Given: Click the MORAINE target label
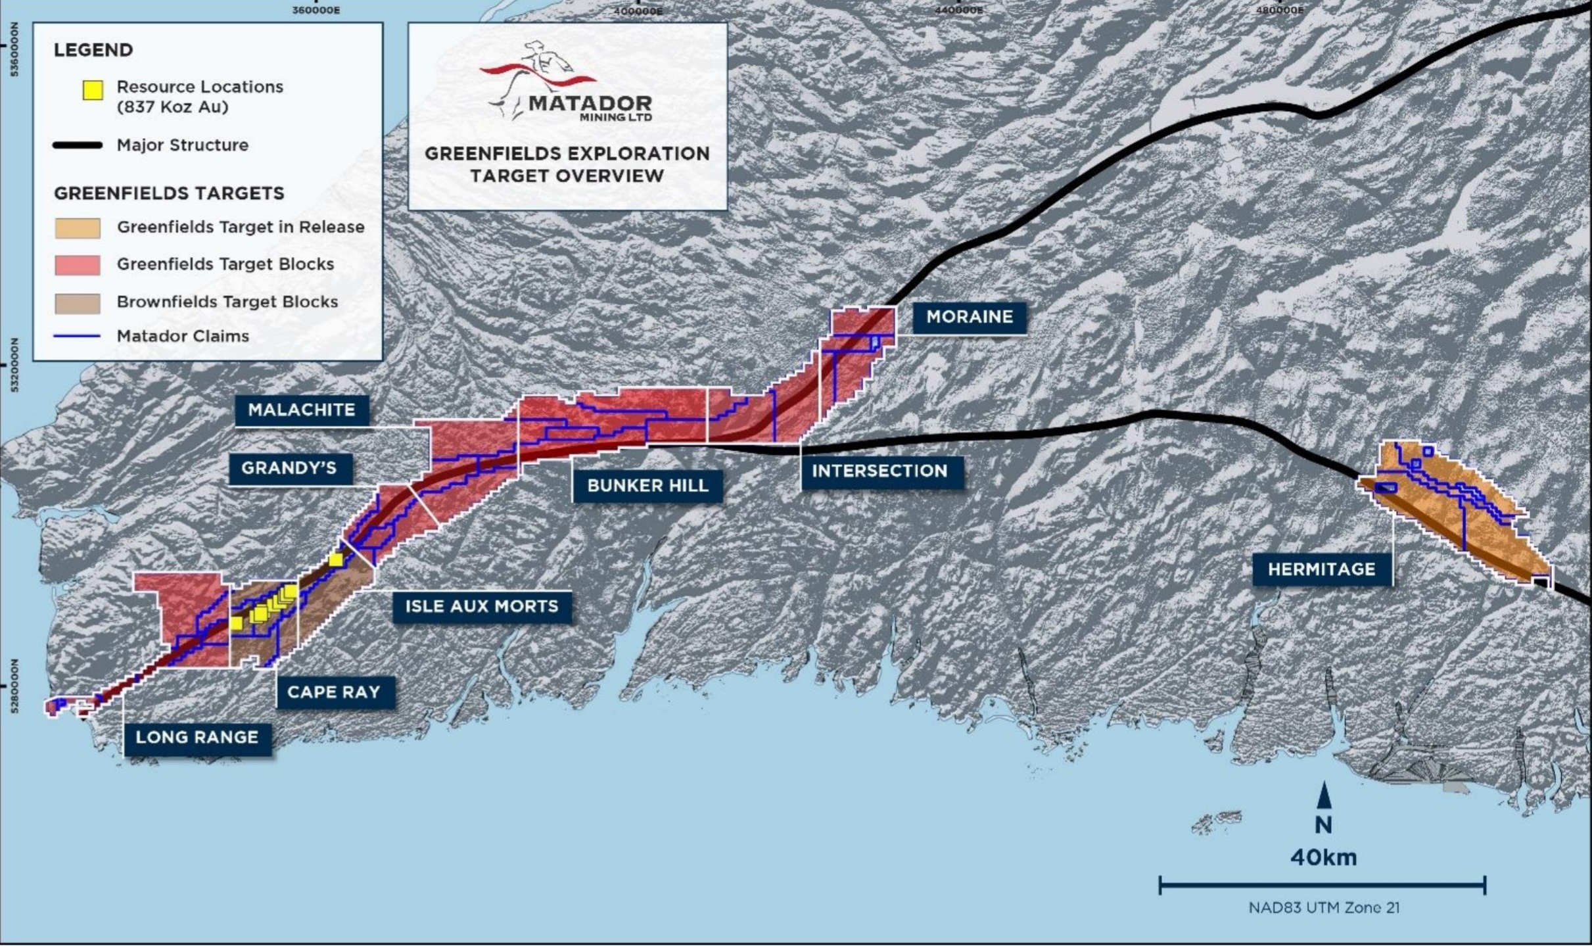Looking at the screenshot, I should pos(969,317).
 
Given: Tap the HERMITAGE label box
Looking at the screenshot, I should pos(1321,569).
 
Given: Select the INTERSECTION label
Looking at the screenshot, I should pos(879,471).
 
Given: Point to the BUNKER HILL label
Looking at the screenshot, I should pos(647,486).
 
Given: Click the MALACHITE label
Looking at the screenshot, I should pos(301,410).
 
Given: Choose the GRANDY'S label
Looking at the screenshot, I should pos(289,468).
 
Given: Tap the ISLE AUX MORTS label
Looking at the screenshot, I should pos(481,606).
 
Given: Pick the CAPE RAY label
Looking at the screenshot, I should pos(333,692).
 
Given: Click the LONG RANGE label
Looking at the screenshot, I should pos(197,738).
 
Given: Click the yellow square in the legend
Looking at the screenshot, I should pos(93,90).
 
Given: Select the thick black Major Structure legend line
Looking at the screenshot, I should pos(78,145).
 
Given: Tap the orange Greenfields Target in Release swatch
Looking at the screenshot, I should pos(78,227).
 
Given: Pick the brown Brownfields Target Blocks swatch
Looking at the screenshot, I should pos(78,302).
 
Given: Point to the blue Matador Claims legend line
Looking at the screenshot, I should pos(78,336).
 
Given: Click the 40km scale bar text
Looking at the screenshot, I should pos(1323,857).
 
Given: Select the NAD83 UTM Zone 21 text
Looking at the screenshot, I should pos(1323,908).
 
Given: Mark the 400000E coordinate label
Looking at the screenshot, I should pos(638,11).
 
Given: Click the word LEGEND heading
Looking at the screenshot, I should pos(93,50).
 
